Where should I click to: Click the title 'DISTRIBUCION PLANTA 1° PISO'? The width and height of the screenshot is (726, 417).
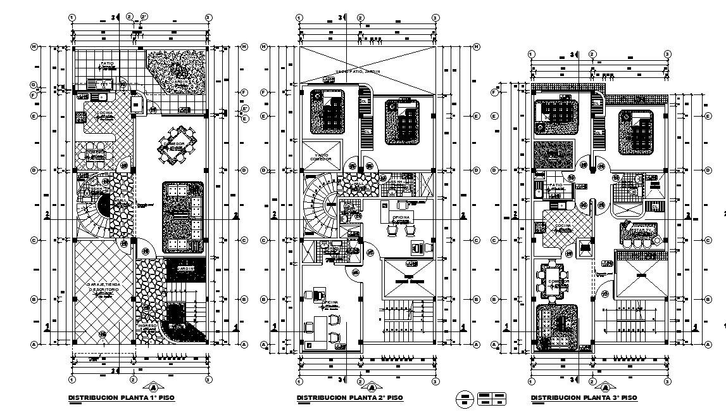pos(121,397)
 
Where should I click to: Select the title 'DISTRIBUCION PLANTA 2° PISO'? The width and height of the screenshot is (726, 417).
pos(349,397)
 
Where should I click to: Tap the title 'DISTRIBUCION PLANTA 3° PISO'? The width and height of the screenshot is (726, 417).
pos(584,397)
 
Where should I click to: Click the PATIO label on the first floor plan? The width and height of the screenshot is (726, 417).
pos(108,64)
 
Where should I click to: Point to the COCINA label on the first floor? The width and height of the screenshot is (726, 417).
pos(105,113)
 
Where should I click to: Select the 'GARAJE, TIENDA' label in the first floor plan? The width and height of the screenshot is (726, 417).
pos(103,287)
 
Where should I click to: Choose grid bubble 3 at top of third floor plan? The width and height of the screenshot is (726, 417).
pos(667,54)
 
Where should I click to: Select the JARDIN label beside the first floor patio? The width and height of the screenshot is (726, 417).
pos(179,82)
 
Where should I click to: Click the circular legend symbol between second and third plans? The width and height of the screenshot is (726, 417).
pos(465,398)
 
